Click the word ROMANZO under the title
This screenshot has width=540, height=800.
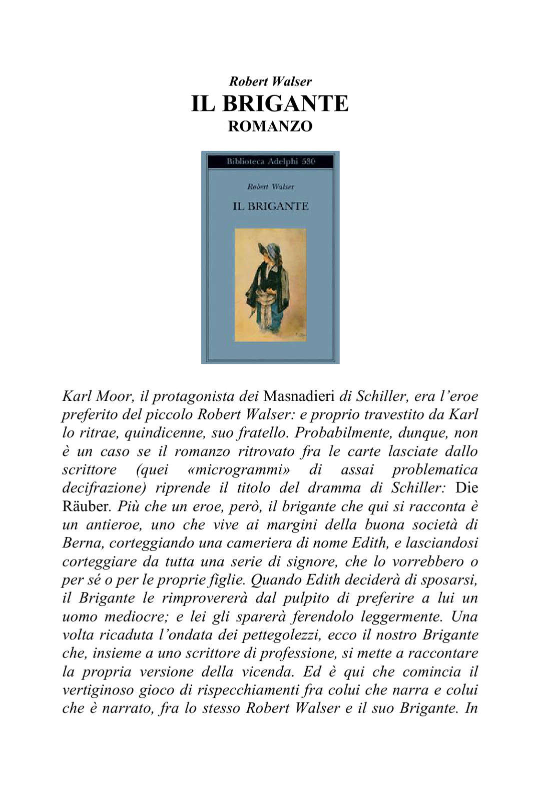tap(270, 126)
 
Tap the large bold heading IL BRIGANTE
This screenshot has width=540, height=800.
tap(270, 103)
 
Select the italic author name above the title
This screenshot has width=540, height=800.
tap(270, 81)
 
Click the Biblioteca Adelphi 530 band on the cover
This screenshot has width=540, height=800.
tap(270, 161)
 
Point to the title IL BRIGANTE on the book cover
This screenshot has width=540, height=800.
tap(270, 206)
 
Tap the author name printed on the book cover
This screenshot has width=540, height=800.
tap(270, 186)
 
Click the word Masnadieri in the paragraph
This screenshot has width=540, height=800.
tap(299, 396)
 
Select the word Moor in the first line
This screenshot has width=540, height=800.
tap(115, 396)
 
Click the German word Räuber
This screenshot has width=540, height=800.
tap(86, 506)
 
